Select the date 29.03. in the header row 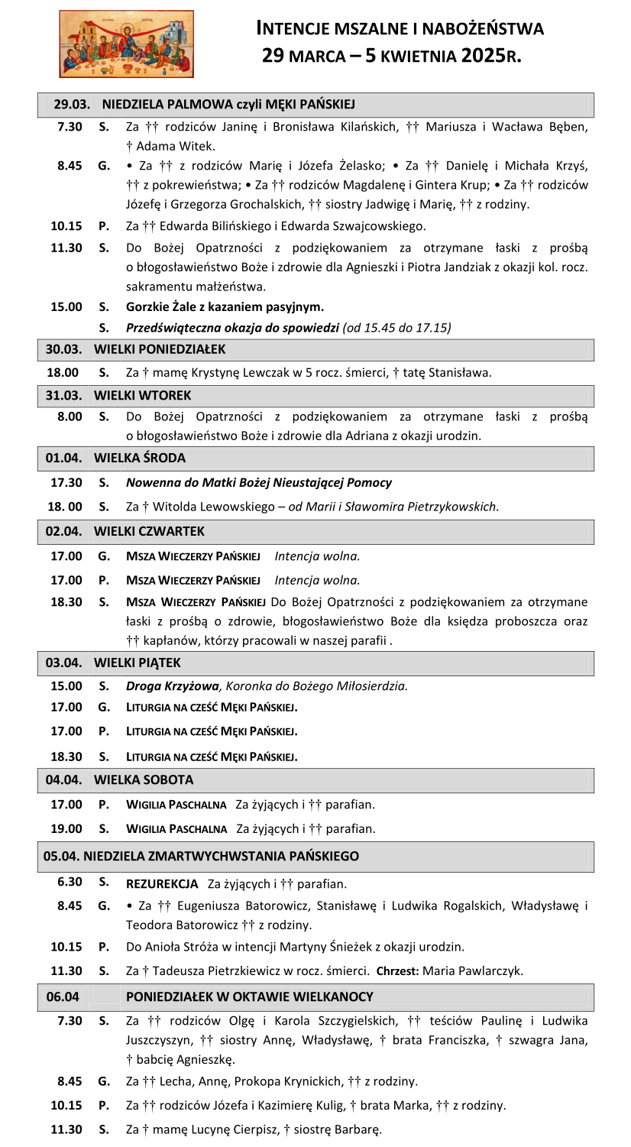click(x=72, y=105)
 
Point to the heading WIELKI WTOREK click(x=142, y=396)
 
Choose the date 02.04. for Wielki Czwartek click(x=63, y=531)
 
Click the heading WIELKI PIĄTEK click(x=138, y=663)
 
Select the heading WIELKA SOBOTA click(x=144, y=780)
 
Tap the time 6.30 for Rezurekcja click(x=70, y=882)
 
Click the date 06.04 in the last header click(x=62, y=997)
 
